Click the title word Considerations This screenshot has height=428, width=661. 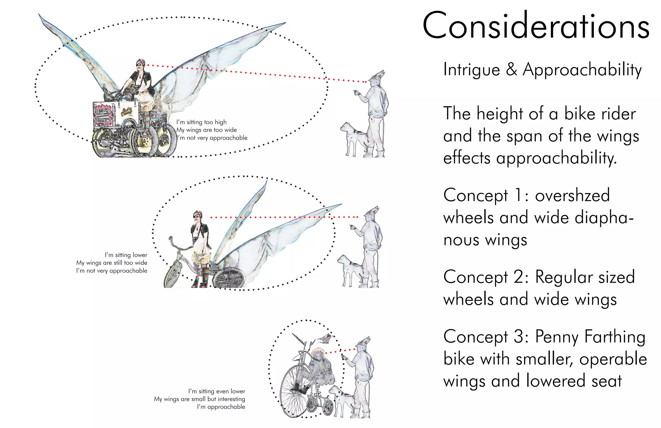click(x=536, y=26)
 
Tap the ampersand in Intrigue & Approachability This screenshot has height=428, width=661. click(x=511, y=69)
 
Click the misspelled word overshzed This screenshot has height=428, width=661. click(x=572, y=195)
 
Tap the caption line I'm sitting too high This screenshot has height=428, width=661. click(x=201, y=122)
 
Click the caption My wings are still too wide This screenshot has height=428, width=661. click(x=112, y=263)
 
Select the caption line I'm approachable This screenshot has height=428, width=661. click(x=221, y=407)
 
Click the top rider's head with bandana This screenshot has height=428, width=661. click(x=140, y=65)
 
